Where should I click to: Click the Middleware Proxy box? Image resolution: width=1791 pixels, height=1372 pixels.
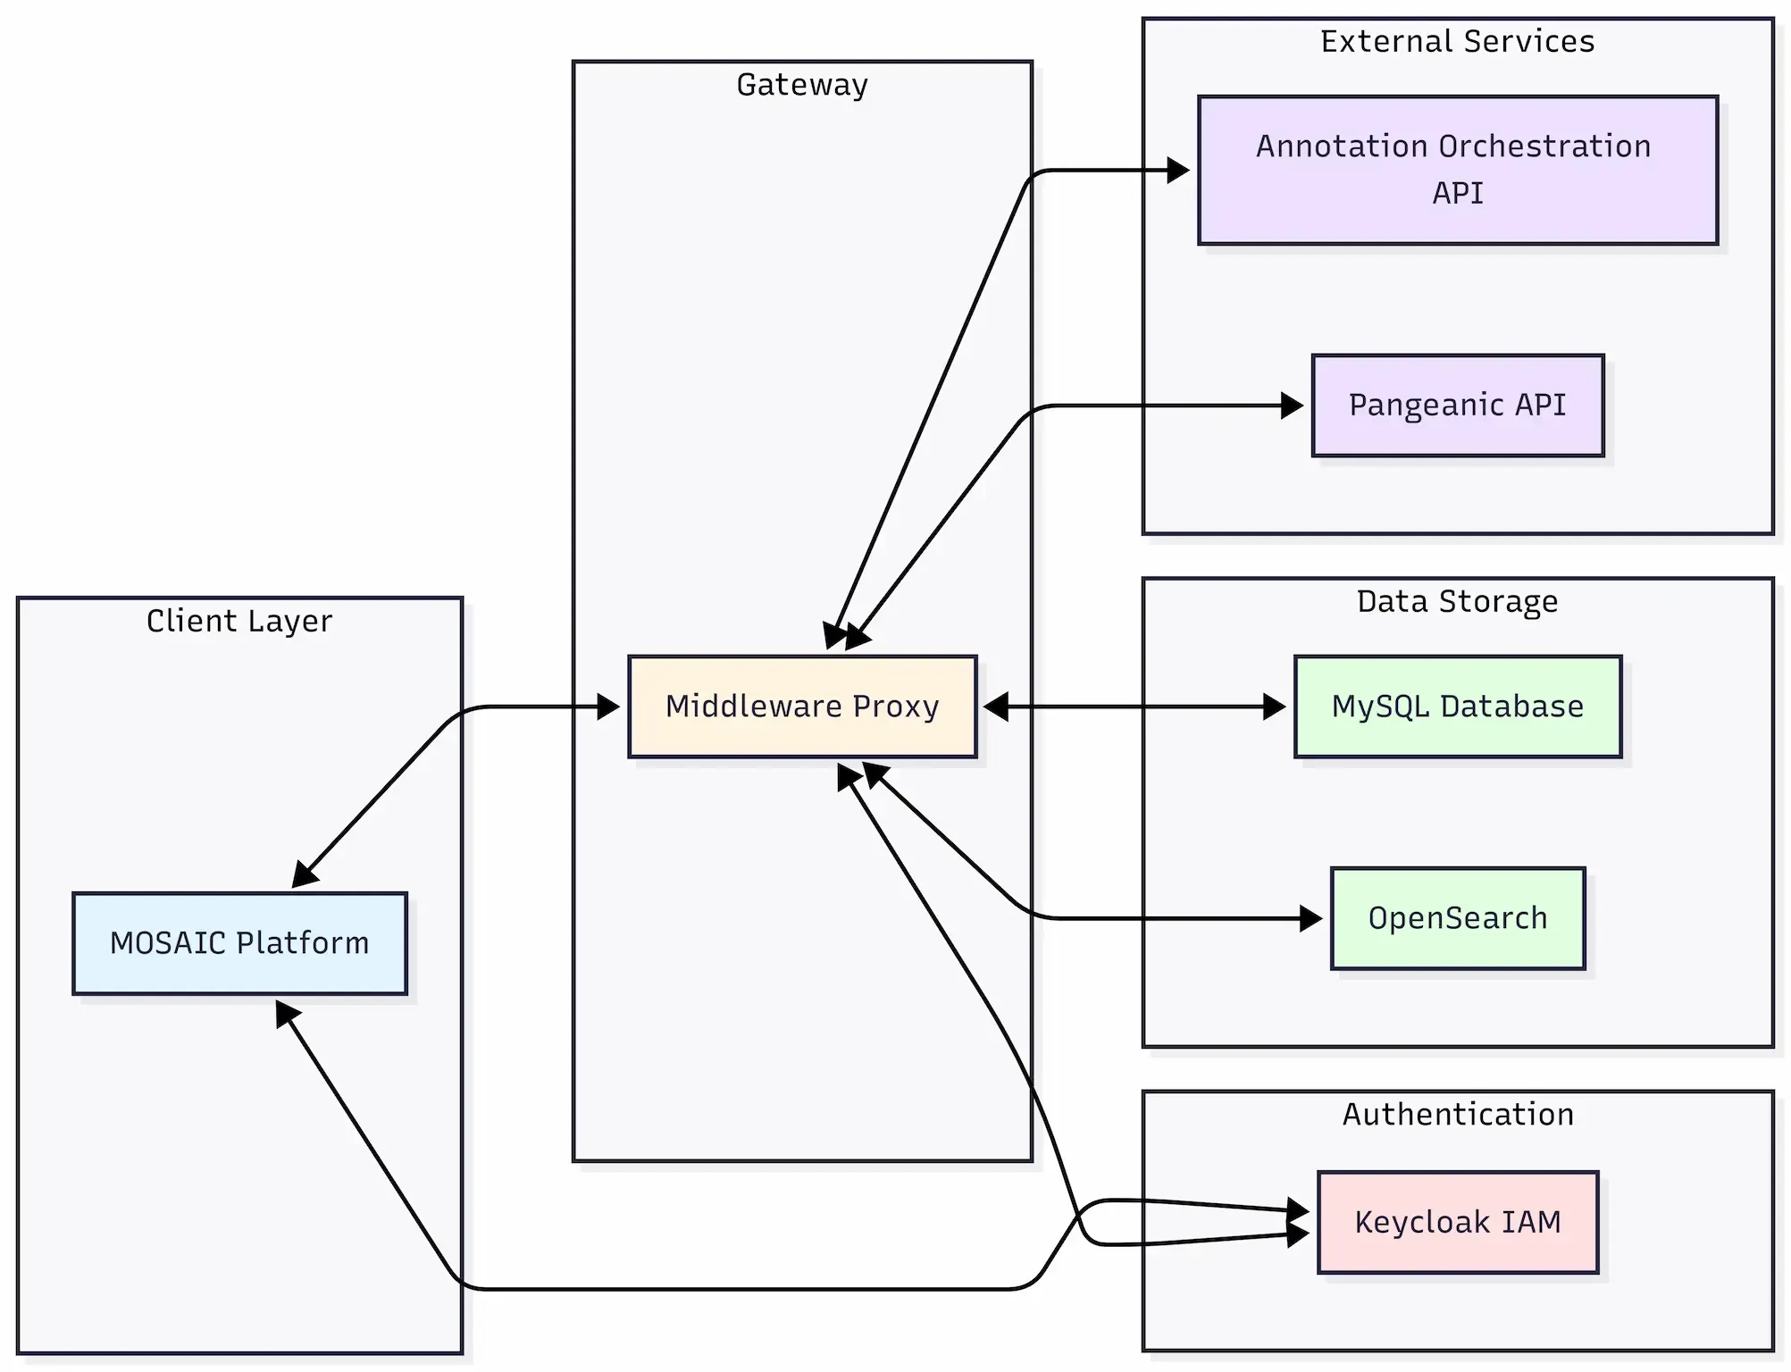tap(802, 707)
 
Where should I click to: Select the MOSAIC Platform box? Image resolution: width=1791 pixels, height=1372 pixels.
tap(239, 943)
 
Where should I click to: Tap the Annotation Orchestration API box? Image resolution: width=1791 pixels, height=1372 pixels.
tap(1457, 170)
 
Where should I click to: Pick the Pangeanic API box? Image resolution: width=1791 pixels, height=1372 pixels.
tap(1457, 406)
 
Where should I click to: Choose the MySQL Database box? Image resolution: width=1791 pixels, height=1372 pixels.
tap(1457, 707)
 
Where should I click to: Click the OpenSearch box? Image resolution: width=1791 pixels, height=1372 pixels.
tap(1457, 918)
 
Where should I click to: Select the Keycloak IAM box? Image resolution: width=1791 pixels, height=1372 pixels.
tap(1457, 1222)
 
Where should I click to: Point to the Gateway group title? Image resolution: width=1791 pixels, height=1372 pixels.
tap(802, 85)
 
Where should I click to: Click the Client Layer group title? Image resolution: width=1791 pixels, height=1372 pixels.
tap(239, 621)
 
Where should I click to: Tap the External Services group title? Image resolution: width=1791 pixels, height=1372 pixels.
tap(1457, 42)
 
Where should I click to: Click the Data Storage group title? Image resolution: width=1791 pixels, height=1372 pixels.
tap(1457, 601)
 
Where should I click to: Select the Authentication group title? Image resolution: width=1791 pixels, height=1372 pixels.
tap(1457, 1114)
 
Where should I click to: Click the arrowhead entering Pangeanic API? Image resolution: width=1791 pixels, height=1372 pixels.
tap(1293, 406)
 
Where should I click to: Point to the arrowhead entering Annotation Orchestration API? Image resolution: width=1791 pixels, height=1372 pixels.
tap(1179, 170)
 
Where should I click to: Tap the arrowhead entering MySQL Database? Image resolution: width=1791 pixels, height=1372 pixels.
tap(1276, 707)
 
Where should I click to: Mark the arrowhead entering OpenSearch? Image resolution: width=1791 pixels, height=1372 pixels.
tap(1312, 918)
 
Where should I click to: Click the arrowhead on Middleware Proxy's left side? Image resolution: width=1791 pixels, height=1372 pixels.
tap(609, 707)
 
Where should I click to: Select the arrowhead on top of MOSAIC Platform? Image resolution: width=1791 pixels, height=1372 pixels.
tap(303, 876)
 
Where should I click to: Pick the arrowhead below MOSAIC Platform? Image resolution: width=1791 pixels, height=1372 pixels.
tap(286, 1013)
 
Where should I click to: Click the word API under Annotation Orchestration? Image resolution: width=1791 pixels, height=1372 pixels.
tap(1457, 193)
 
